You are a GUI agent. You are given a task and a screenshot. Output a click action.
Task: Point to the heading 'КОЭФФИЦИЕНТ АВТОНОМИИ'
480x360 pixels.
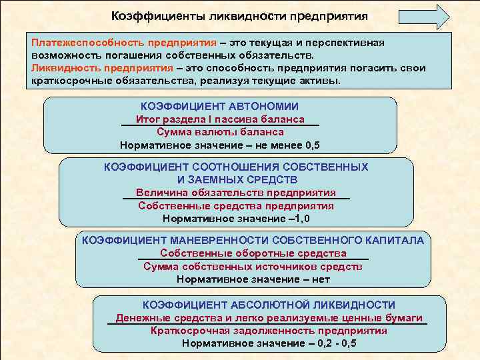220,107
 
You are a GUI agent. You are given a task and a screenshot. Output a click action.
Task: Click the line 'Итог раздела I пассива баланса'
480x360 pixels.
220,119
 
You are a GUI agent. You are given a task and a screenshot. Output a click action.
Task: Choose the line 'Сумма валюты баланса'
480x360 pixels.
220,132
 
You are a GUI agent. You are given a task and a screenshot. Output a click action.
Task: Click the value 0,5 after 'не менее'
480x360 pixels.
312,145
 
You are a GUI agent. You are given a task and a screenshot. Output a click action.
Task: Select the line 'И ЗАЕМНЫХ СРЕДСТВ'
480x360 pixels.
237,179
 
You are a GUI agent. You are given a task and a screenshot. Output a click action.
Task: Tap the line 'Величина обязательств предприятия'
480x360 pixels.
236,192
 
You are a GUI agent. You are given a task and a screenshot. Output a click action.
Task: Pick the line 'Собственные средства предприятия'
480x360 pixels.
236,205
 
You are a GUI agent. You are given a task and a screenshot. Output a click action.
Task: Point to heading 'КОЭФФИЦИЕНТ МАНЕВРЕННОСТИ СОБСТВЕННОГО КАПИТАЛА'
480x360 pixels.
253,241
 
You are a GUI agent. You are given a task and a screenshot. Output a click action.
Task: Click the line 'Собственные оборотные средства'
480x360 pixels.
253,253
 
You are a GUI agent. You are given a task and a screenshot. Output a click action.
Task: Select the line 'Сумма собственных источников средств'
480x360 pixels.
253,267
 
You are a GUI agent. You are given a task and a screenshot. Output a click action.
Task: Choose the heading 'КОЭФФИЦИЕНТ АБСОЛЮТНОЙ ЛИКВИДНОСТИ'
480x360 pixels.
269,305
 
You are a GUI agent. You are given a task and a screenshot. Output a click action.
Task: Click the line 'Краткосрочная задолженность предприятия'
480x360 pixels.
269,331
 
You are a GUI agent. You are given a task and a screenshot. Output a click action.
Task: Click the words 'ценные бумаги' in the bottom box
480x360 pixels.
389,318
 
